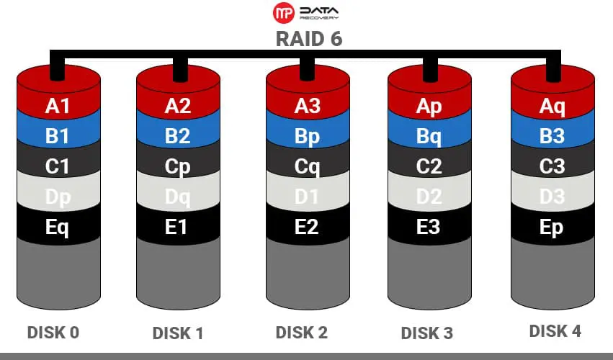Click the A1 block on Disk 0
click(58, 106)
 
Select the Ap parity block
click(429, 106)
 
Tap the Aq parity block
click(552, 106)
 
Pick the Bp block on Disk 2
click(307, 136)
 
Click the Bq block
click(429, 136)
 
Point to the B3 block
click(552, 136)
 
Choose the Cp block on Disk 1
click(177, 166)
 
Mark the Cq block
click(307, 166)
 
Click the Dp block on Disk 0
click(58, 197)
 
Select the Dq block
click(177, 197)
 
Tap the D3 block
click(552, 197)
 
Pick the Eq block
click(58, 227)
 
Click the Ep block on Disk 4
click(552, 227)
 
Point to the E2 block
click(307, 227)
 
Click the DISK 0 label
click(53, 332)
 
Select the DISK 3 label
click(426, 333)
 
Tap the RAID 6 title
click(309, 39)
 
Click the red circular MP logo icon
click(284, 13)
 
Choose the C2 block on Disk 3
click(429, 166)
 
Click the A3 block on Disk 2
click(307, 106)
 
